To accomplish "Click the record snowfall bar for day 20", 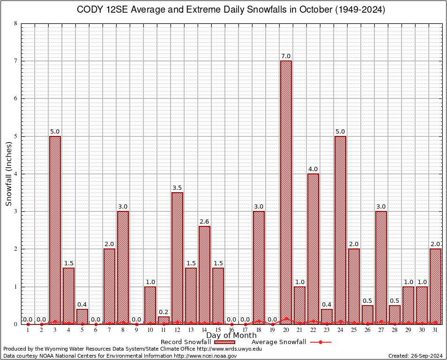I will pos(286,192).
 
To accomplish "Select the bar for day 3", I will pos(55,230).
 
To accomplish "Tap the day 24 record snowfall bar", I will pos(340,230).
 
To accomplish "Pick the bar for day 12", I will pos(177,258).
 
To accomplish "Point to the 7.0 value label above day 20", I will pos(286,56).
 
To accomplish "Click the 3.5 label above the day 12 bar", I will pos(177,187).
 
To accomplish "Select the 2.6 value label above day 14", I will pos(204,222).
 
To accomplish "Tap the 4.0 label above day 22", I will pos(313,169).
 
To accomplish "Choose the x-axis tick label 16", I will pos(231,330).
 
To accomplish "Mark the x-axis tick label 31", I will pos(435,330).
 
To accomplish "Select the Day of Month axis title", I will pos(231,336).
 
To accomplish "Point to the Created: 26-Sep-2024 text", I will pos(416,356).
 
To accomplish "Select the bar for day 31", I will pos(435,286).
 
